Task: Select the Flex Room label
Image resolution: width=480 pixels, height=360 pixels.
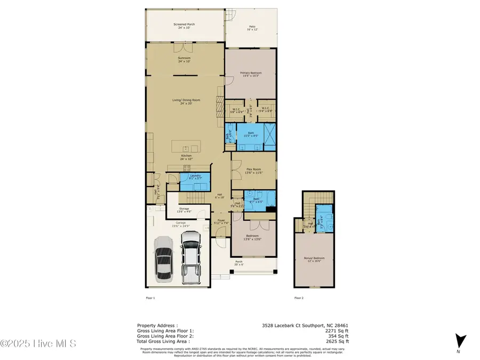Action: pos(254,172)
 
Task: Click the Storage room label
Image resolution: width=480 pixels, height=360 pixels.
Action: pos(184,210)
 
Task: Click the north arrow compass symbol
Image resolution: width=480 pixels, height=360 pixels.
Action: pos(462,340)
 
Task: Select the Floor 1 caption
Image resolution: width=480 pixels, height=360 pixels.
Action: pos(150,298)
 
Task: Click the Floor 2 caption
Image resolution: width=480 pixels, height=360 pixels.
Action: pos(299,298)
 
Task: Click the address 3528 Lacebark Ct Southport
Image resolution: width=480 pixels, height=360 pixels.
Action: pos(305,325)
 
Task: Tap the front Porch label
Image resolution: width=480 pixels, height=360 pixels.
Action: pos(238,262)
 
